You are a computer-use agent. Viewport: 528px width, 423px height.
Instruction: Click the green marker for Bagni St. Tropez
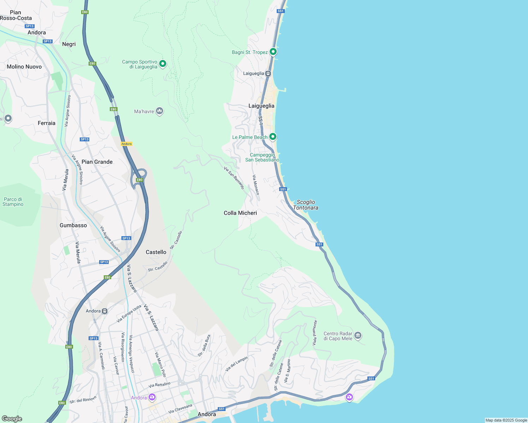tap(273, 52)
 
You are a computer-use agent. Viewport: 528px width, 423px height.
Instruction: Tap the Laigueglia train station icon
tap(268, 73)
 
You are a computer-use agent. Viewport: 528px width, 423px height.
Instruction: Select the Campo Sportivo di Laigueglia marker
tap(163, 64)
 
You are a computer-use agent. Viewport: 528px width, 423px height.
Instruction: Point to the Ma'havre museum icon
tap(160, 111)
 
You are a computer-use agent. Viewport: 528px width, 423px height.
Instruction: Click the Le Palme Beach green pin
tap(272, 136)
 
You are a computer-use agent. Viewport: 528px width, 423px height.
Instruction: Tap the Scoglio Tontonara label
tap(306, 205)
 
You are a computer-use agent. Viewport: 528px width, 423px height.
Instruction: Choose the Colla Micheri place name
tap(240, 213)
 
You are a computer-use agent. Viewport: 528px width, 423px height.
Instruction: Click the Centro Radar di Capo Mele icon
tap(358, 335)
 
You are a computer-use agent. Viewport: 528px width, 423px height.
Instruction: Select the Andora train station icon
tap(105, 311)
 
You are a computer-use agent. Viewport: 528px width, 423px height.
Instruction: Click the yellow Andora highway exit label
tap(126, 144)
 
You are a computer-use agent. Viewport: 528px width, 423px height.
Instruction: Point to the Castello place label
tap(156, 252)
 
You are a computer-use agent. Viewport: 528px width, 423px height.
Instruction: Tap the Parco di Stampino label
tap(13, 202)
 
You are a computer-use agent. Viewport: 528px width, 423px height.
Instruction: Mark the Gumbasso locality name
tap(73, 225)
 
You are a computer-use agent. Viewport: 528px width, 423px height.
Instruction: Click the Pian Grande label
tap(97, 162)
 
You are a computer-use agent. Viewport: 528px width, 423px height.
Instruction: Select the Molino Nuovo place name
tap(24, 67)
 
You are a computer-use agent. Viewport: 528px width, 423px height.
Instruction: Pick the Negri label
tap(69, 44)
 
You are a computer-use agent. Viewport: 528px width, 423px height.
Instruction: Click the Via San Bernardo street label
tap(234, 178)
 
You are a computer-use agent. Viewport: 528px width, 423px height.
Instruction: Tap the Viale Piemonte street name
tap(314, 332)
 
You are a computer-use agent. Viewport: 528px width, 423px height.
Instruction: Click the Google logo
tap(12, 419)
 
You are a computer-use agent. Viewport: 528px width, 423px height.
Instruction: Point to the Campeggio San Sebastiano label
tap(262, 157)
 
